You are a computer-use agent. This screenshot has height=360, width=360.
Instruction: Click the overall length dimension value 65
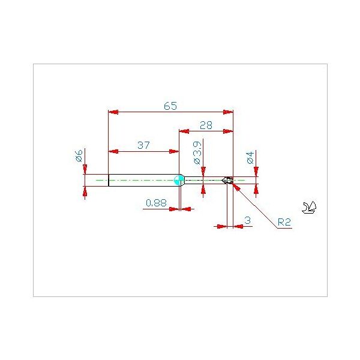coord(170,106)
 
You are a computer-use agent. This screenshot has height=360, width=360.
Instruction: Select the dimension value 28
coord(206,125)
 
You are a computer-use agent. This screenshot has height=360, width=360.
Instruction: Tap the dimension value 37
coord(143,145)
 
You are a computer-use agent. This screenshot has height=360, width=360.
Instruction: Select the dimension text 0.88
coord(156,203)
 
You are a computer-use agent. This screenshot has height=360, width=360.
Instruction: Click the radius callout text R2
coord(284,223)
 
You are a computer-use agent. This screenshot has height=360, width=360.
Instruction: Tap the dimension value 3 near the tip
coord(248,221)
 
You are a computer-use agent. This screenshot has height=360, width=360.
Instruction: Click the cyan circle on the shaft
coord(178,179)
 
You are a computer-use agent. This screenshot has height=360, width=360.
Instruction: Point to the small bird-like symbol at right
coord(311,208)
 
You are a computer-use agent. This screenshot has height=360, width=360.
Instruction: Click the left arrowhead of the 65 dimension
coord(112,112)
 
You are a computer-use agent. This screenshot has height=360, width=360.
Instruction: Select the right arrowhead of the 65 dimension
coord(229,112)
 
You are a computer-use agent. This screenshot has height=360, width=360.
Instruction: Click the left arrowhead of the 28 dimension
coord(184,130)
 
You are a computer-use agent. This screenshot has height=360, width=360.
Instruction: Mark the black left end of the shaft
coord(109,180)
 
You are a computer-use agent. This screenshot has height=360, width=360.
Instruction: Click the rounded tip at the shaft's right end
coord(229,180)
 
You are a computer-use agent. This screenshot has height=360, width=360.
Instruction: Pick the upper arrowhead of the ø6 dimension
coord(85,170)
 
